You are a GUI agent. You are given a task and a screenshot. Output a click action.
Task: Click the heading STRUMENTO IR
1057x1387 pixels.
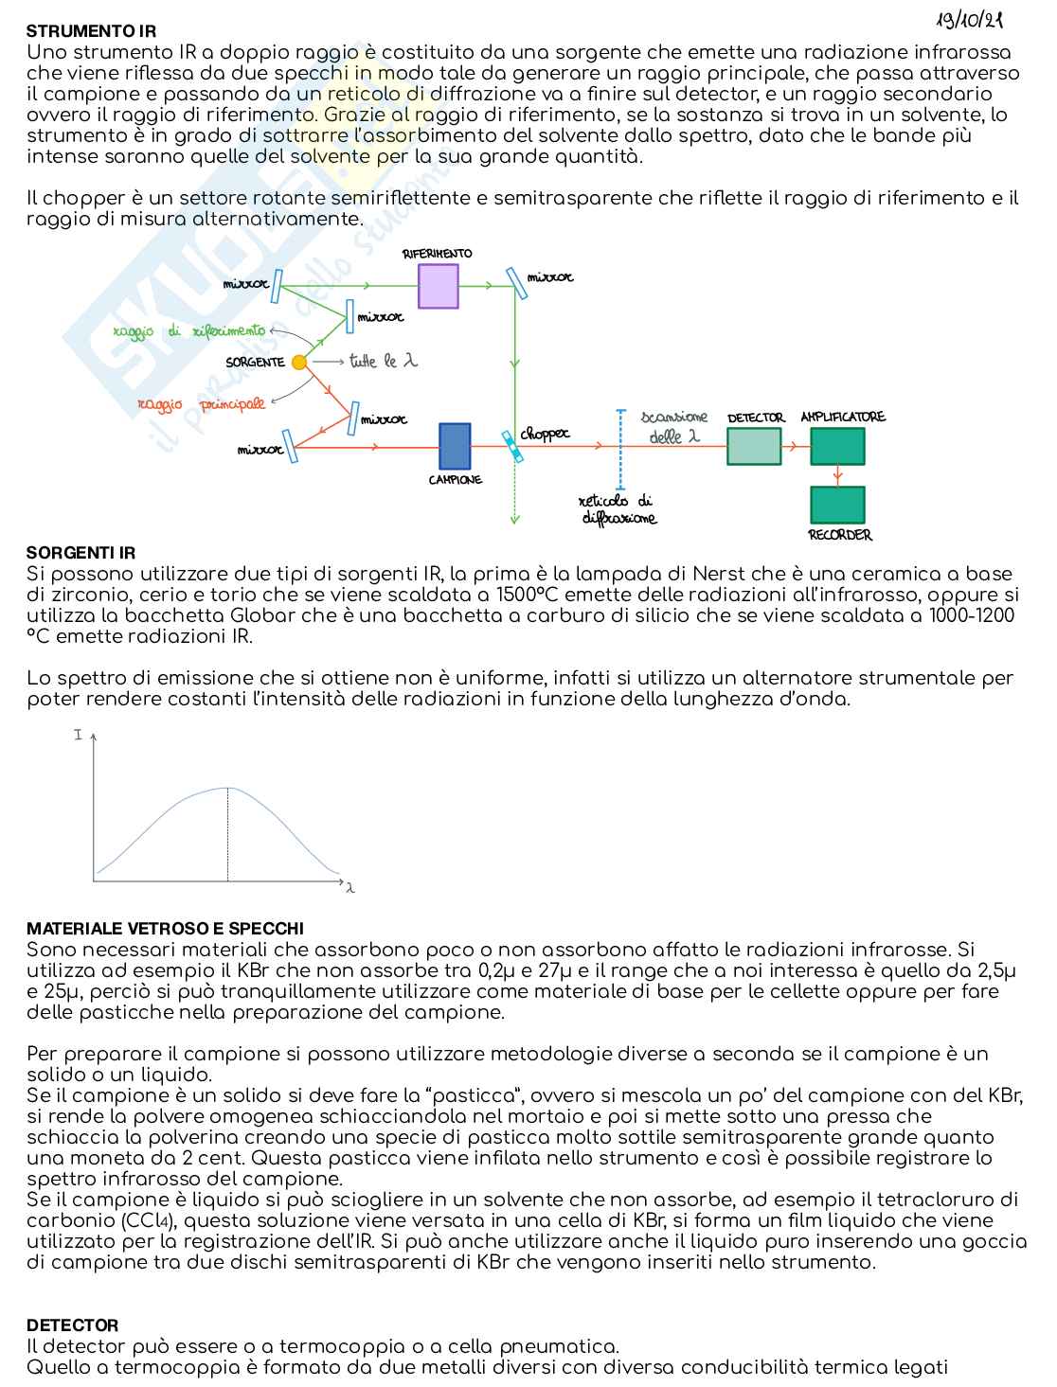pos(92,32)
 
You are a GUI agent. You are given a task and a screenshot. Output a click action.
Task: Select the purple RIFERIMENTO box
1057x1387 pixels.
pos(439,286)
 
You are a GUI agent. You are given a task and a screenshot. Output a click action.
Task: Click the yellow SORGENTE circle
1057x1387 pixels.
pos(299,362)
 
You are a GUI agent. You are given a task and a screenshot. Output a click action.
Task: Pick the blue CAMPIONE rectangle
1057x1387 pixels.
pos(455,446)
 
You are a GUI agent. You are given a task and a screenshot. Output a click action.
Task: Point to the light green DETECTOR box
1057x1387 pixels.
pos(754,446)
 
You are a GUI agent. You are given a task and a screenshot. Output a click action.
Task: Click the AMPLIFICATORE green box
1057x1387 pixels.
pos(837,446)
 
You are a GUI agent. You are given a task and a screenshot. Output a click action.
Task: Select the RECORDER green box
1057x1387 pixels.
pos(837,505)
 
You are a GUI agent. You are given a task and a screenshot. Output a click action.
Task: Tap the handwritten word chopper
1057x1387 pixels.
pos(546,434)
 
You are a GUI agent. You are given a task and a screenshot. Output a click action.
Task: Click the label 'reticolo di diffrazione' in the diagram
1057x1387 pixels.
pos(618,509)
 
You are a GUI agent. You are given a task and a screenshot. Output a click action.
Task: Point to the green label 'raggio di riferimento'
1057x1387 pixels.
pos(189,330)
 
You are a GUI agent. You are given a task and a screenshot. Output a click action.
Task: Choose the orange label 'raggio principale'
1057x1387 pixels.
pos(201,404)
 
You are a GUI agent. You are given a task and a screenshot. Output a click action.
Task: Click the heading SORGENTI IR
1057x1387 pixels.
pos(81,553)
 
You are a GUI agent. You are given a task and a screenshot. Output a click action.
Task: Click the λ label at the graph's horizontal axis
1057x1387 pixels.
pos(350,888)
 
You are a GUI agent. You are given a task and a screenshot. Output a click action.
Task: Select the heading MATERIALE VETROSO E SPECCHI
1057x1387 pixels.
pos(165,929)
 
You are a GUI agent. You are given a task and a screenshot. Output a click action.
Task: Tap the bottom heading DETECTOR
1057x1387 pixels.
pos(73,1325)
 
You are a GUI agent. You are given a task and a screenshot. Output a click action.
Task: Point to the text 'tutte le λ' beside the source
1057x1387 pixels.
pos(383,361)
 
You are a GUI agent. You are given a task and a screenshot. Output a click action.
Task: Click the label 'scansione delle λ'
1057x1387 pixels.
pos(674,427)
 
